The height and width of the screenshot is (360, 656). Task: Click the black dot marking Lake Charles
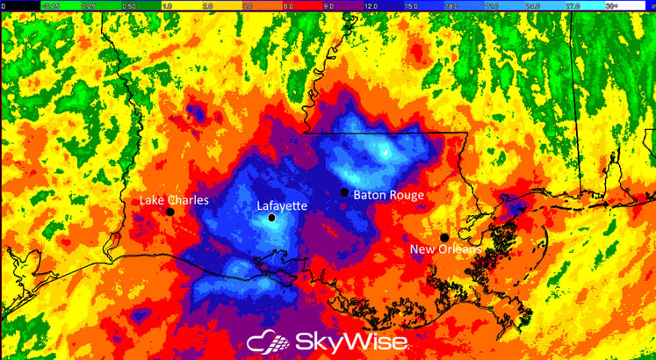169,212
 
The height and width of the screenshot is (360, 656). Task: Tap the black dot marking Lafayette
272,218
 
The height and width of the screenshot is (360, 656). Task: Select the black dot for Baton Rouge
344,192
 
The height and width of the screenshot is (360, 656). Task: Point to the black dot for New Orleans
444,237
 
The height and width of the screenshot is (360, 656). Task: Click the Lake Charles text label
175,200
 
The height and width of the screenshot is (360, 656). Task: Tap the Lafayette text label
282,206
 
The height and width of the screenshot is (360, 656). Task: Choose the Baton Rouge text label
389,195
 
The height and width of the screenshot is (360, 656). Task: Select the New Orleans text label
446,250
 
